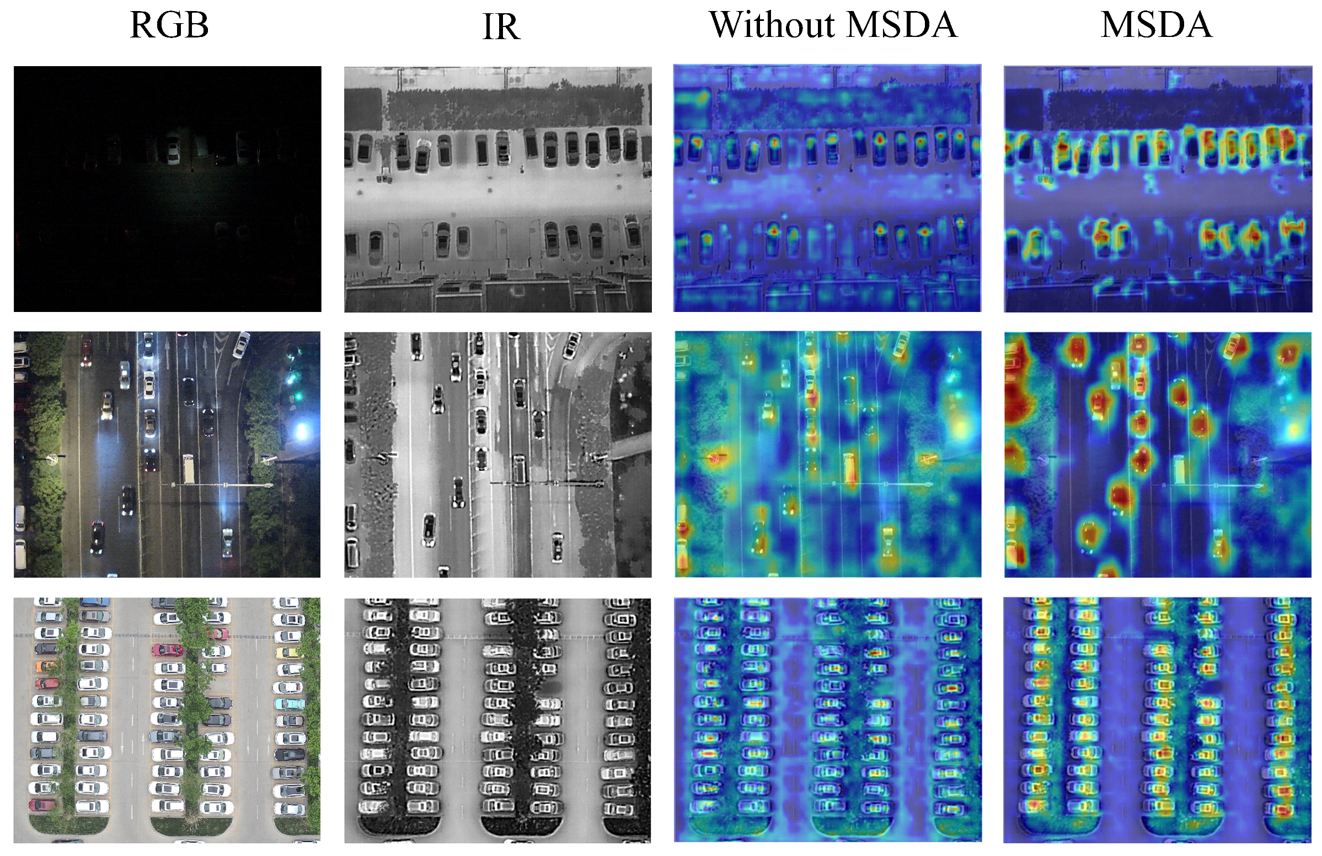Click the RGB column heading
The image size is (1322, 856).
pyautogui.click(x=169, y=25)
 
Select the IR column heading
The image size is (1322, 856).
pyautogui.click(x=501, y=26)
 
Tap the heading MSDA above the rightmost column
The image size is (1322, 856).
pyautogui.click(x=1156, y=25)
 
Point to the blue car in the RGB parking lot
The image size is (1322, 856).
pyautogui.click(x=94, y=602)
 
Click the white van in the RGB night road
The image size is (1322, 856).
pyautogui.click(x=188, y=469)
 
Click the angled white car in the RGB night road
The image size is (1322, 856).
pyautogui.click(x=241, y=344)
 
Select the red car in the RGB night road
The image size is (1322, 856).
pyautogui.click(x=86, y=353)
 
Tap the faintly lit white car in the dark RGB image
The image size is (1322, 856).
pyautogui.click(x=173, y=149)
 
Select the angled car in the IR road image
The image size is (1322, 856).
pyautogui.click(x=571, y=345)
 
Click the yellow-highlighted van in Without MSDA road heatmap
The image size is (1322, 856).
pyautogui.click(x=849, y=468)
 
